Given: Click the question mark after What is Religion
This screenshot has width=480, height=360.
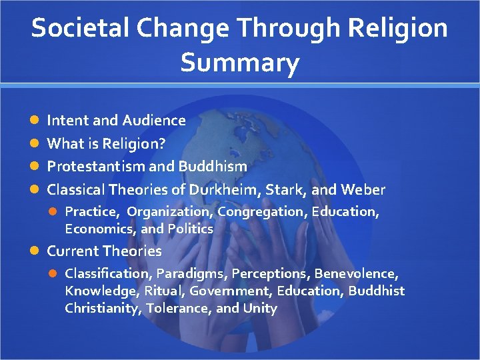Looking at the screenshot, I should (162, 143).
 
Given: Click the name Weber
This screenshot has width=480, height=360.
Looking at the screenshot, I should (363, 190).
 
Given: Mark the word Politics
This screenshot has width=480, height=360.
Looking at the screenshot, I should (190, 229).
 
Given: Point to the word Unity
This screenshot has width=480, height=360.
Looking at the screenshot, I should (260, 308).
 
